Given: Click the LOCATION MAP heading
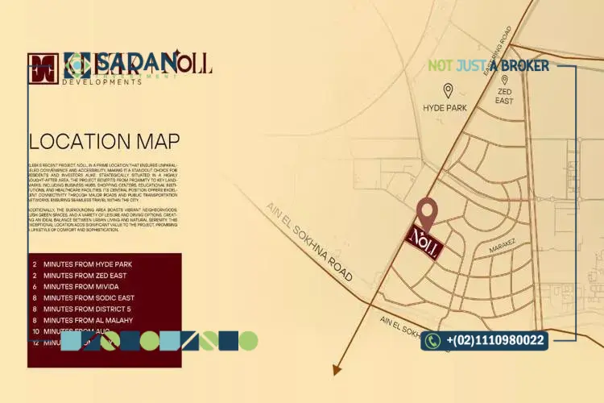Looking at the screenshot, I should (x=104, y=142).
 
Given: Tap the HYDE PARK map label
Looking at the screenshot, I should (x=445, y=106).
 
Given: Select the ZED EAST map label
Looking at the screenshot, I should (x=504, y=97).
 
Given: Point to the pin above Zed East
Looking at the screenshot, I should (x=504, y=80).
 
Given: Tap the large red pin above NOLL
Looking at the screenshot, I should (x=426, y=212).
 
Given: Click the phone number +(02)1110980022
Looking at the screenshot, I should (x=494, y=341).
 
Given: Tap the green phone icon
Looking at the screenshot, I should (x=432, y=341).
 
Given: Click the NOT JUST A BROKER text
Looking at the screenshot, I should (x=489, y=65).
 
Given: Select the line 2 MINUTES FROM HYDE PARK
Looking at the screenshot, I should (x=83, y=264).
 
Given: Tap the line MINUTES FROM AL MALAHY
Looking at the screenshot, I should (x=88, y=321).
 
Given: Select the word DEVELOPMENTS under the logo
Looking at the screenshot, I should (x=101, y=82).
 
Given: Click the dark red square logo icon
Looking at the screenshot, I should (x=43, y=69).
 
